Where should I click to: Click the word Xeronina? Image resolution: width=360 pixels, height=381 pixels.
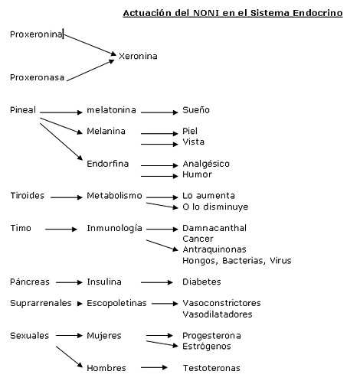pos(138,56)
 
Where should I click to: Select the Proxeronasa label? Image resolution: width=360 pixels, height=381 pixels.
pos(37,77)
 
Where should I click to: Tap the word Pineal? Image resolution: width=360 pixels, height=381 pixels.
pos(23,110)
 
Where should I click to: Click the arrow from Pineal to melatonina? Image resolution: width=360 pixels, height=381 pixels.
pos(61,112)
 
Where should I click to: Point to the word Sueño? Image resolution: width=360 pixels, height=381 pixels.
pos(196,110)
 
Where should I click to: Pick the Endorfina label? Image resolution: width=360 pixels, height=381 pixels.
pos(107,164)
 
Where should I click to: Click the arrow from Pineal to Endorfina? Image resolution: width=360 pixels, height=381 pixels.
pos(61,142)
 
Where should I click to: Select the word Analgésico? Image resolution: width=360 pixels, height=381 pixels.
pos(206,164)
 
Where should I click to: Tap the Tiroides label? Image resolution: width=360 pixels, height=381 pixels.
pos(27,196)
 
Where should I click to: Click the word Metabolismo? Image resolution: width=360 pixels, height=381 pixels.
pos(114,196)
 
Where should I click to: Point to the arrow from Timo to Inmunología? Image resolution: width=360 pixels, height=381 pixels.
pos(61,230)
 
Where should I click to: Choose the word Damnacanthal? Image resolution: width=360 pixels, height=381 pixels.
pos(214,228)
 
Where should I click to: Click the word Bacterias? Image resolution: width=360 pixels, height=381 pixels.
pos(243,261)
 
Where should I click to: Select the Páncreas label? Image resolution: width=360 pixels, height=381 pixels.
pos(30,282)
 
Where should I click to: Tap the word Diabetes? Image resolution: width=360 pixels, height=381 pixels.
pos(201,282)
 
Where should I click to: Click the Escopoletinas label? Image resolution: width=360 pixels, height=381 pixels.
pos(116,303)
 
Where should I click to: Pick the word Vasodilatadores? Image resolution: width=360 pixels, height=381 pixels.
pos(218,314)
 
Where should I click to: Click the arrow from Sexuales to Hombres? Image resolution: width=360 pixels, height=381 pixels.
pos(70,357)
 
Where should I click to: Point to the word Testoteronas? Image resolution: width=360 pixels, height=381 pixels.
pos(211,368)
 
